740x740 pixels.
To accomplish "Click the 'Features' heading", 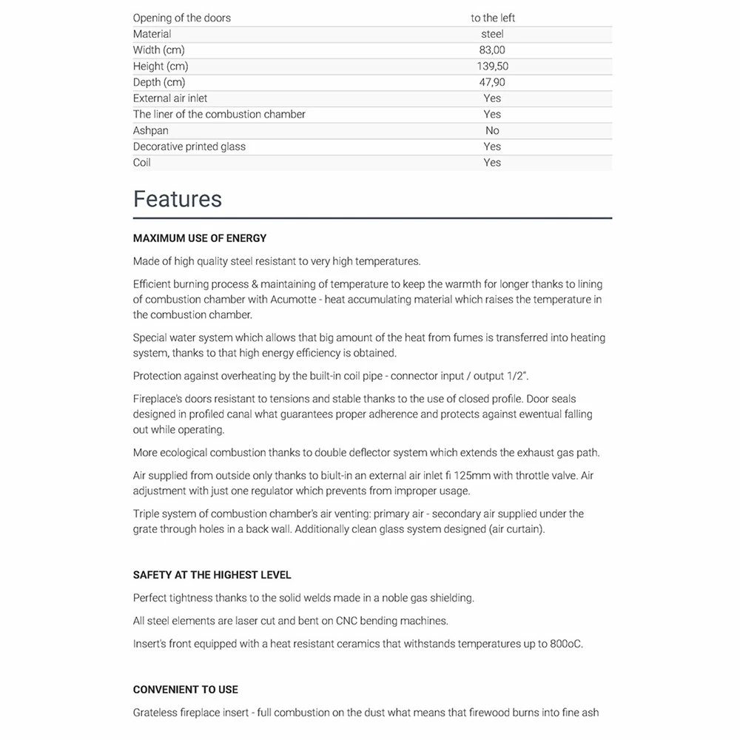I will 178,199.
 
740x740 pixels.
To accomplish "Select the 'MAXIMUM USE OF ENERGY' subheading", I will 200,238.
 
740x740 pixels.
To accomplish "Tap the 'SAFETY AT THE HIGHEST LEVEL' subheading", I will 212,575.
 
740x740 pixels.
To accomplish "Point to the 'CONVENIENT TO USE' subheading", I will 186,690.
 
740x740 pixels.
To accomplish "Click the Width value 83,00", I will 492,50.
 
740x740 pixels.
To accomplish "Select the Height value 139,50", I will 492,67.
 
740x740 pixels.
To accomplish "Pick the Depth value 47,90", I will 492,82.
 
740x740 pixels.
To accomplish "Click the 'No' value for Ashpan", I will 492,130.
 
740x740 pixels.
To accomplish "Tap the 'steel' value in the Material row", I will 492,34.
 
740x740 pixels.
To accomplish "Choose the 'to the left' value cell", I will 492,18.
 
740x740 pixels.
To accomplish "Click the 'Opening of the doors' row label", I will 182,18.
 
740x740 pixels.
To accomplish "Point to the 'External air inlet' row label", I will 170,98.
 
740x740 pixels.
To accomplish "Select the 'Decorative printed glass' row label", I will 189,147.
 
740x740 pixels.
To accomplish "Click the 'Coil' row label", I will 142,163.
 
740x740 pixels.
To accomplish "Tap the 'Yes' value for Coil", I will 492,163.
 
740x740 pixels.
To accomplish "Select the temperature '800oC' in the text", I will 566,644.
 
